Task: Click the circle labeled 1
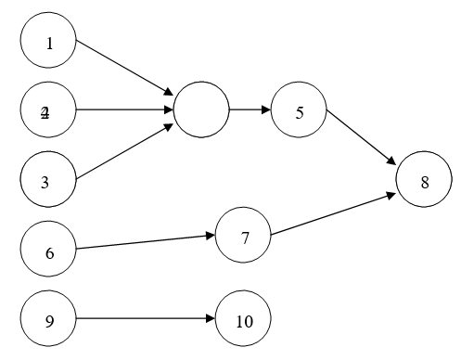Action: coord(48,42)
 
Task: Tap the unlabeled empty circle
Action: coord(200,110)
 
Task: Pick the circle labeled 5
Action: coord(299,111)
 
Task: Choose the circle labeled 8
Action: coord(424,180)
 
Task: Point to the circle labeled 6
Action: coord(48,250)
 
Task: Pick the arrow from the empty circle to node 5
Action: coord(250,110)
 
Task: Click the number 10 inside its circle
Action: coord(244,322)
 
